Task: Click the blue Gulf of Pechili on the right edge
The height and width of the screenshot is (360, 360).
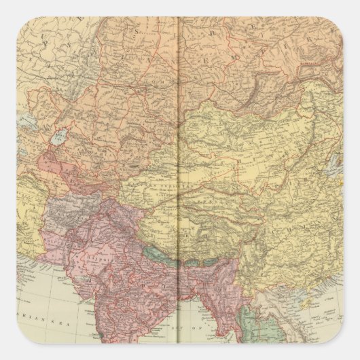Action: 334,163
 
